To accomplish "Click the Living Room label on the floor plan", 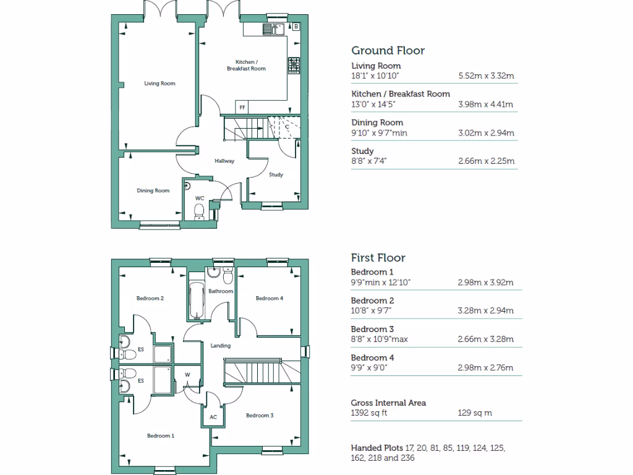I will point(159,83).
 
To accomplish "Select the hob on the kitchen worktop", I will point(294,64).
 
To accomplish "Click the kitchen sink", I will point(272,28).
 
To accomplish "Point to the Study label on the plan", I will point(276,175).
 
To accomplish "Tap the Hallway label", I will point(224,161).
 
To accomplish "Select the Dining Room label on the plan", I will point(153,191).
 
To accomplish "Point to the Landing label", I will point(221,346).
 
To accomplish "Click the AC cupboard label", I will point(213,417).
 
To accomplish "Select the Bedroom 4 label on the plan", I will point(270,299).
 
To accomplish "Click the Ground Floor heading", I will point(388,51).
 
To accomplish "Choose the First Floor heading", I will point(378,258).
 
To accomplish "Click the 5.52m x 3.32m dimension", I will point(486,76).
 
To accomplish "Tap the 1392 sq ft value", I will point(369,413).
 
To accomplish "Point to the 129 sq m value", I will point(475,413).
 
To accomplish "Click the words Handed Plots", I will point(377,448).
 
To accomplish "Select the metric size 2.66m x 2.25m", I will point(486,161).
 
